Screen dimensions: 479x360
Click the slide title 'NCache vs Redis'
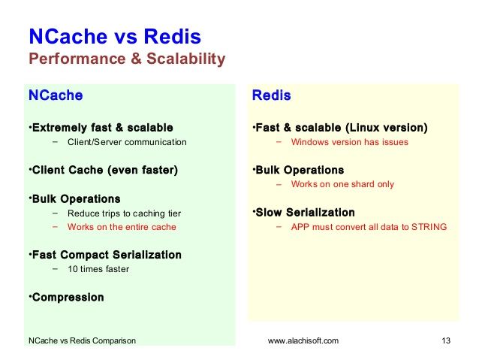(x=115, y=36)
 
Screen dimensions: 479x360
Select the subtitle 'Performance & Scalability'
(x=127, y=59)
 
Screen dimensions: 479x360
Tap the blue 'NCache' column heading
(x=56, y=95)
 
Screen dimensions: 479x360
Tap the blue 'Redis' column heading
(x=271, y=95)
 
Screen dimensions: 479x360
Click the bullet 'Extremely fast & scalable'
(x=102, y=128)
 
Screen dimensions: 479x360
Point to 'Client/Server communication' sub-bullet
(x=127, y=142)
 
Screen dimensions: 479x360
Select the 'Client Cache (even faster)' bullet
(x=105, y=170)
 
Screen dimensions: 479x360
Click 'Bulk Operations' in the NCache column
(x=76, y=199)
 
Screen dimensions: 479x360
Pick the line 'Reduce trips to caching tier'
(x=125, y=213)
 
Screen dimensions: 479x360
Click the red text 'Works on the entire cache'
(x=122, y=227)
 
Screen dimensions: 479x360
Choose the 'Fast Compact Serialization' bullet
(x=107, y=255)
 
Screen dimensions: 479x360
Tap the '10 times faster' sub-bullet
(x=98, y=269)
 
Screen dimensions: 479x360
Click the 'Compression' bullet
(x=68, y=298)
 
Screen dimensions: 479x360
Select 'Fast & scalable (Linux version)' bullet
(x=342, y=128)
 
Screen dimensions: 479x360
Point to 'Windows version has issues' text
(x=349, y=142)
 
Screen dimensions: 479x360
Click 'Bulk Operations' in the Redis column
(x=300, y=170)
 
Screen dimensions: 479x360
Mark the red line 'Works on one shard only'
(x=342, y=184)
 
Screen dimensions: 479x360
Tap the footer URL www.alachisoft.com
(x=303, y=340)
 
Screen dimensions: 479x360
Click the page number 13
(x=446, y=340)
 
